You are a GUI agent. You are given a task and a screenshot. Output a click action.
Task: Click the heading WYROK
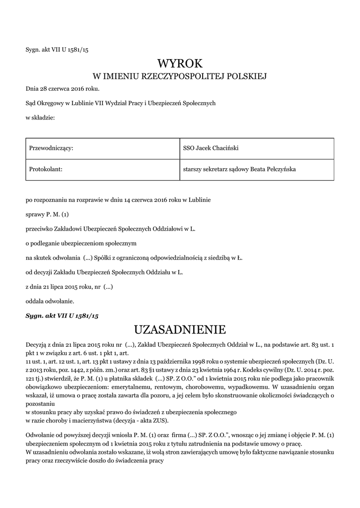tap(180, 63)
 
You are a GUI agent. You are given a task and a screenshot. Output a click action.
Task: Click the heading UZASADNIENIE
tap(180, 329)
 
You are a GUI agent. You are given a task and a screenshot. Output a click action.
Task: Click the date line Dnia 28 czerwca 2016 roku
tap(62, 89)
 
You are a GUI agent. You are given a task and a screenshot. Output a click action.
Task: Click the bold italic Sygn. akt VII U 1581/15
tap(62, 316)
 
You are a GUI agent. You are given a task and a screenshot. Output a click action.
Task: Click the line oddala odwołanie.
tap(50, 301)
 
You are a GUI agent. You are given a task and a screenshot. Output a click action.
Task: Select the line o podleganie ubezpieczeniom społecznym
tap(81, 244)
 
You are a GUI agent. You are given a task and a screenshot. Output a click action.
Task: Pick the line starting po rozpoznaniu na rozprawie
tap(118, 200)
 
